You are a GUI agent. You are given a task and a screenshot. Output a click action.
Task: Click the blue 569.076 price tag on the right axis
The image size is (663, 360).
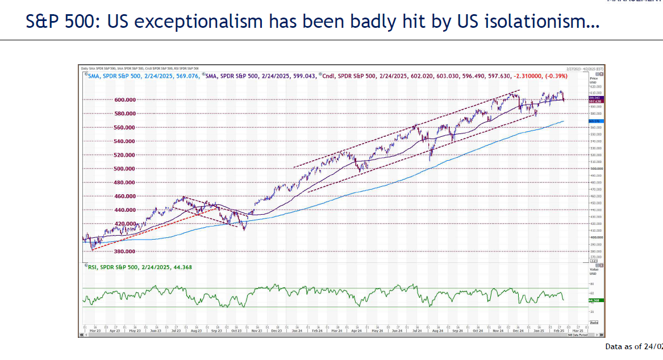pos(594,121)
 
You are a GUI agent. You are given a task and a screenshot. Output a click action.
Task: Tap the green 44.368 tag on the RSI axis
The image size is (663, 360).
pos(594,300)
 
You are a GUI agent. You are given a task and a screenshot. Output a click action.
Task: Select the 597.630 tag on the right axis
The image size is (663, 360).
pos(594,102)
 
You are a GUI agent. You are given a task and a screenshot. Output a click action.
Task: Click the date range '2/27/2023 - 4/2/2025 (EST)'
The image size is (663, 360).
pos(586,68)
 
